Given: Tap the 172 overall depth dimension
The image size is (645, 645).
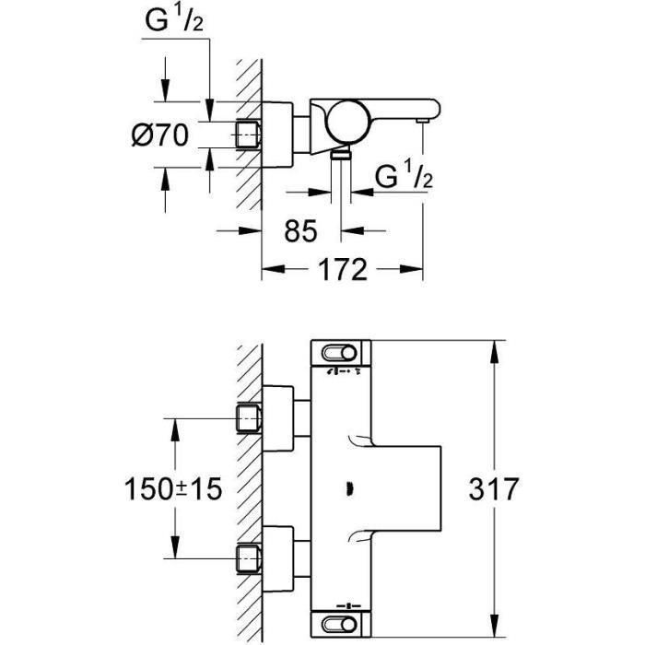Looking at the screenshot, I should point(342,270).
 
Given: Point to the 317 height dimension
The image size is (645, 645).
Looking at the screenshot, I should point(529,487).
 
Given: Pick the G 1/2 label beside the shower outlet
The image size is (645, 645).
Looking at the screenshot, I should point(404,177).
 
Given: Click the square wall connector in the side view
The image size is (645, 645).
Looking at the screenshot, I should point(247,135).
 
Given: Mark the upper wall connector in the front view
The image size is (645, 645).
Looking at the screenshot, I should point(247,418).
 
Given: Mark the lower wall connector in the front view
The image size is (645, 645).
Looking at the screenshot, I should point(247,557).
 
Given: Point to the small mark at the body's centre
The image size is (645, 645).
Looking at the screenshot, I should point(354,487).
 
